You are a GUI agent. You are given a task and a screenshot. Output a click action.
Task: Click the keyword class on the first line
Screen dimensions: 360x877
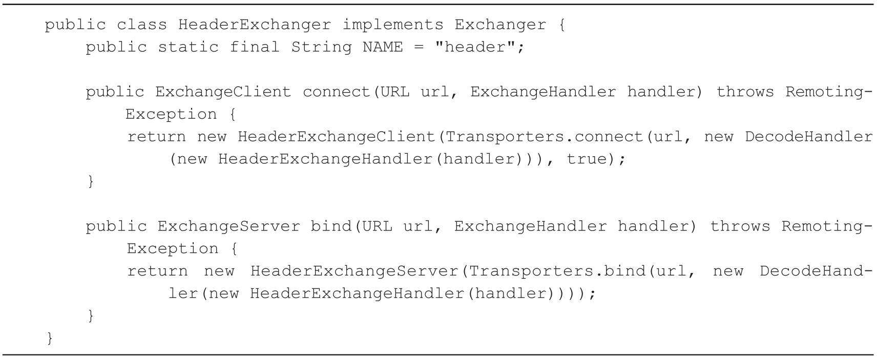tap(142, 25)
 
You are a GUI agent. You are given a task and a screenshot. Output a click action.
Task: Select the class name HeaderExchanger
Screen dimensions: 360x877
tap(255, 25)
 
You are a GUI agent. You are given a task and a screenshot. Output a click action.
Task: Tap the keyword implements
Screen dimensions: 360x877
tap(393, 25)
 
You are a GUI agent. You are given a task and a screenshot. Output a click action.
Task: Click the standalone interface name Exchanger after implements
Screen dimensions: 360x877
tap(500, 25)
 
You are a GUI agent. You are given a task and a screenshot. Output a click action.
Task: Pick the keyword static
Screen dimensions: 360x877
tap(188, 47)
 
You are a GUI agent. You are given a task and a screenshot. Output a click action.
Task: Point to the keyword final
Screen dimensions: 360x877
tap(255, 47)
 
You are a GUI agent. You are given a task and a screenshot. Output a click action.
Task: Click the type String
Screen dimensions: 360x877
tap(321, 47)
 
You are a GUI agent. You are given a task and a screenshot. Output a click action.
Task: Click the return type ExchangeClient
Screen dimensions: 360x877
tap(223, 92)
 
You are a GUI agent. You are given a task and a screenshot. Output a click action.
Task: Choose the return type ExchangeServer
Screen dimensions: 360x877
tap(228, 226)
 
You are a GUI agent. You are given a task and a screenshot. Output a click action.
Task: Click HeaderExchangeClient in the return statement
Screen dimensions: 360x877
tap(336, 137)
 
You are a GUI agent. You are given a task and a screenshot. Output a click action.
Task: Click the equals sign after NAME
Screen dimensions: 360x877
tap(419, 47)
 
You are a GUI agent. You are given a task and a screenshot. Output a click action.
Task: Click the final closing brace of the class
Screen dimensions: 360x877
tap(50, 338)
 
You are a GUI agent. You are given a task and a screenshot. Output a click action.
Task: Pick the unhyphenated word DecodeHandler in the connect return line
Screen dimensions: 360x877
tap(808, 137)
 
